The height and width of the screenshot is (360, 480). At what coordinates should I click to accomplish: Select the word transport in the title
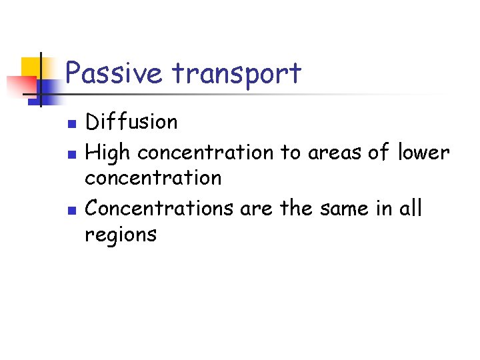point(237,74)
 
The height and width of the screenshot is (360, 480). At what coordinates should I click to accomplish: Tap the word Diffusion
point(132,122)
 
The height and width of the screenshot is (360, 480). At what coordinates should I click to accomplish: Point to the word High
point(109,153)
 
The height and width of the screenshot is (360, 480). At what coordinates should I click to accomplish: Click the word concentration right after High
point(205,153)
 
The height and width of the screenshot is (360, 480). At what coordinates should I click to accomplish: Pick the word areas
point(337,153)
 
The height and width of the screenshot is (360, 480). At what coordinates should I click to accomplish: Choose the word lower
point(423,153)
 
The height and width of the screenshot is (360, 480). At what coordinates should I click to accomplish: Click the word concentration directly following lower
point(153,178)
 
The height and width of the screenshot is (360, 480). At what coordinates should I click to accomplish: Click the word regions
point(121,235)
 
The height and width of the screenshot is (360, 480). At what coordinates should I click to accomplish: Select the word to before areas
point(291,153)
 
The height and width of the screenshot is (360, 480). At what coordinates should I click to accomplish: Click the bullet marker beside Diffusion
point(75,123)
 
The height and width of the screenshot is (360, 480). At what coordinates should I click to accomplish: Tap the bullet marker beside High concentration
point(75,154)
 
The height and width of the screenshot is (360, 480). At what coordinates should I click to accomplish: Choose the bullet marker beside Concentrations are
point(75,209)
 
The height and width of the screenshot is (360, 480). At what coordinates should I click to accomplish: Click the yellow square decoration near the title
point(33,67)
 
